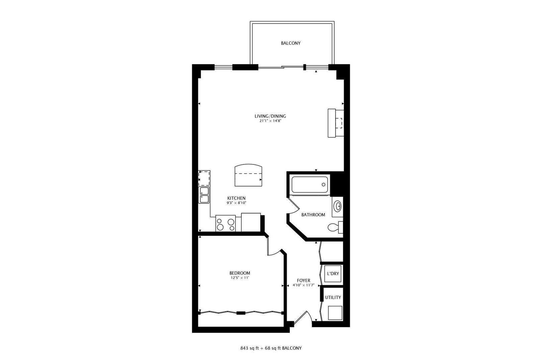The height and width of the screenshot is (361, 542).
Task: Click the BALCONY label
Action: [290, 43]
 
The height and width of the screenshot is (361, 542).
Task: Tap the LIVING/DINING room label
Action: [270, 116]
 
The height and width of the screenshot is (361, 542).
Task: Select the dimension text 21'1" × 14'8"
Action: [270, 121]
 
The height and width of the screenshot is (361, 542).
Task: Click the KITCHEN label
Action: [236, 198]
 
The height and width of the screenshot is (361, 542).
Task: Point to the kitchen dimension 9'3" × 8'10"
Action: [236, 203]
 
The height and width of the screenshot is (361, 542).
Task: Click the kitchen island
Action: [248, 175]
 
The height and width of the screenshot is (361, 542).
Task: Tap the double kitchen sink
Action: [204, 195]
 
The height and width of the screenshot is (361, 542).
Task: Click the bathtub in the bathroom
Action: [310, 185]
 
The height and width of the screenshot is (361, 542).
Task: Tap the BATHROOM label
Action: [313, 215]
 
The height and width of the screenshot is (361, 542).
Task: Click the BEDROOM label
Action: [240, 273]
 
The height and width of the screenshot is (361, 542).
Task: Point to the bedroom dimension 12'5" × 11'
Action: [240, 278]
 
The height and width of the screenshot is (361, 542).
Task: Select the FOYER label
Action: [303, 280]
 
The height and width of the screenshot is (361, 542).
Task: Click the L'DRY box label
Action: [333, 273]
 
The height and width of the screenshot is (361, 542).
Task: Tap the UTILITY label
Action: [333, 297]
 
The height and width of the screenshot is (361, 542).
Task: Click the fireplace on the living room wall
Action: [335, 123]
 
